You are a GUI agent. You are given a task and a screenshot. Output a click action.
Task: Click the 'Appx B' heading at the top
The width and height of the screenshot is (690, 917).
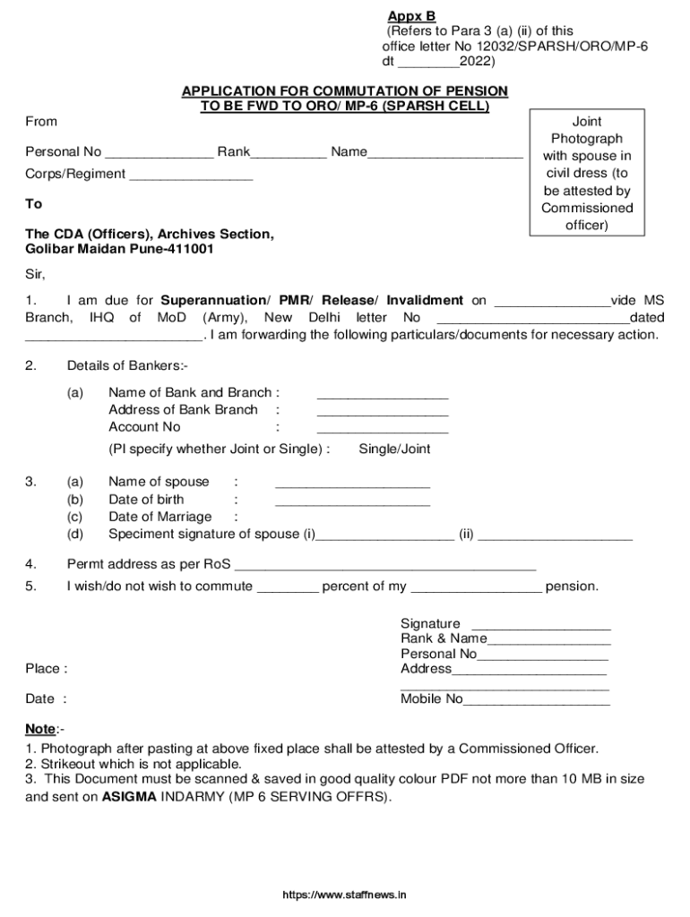click(x=410, y=16)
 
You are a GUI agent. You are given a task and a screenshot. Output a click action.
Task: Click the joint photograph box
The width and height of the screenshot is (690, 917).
click(x=587, y=173)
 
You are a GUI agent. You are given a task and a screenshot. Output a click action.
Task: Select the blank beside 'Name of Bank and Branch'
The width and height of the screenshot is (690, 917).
click(x=383, y=395)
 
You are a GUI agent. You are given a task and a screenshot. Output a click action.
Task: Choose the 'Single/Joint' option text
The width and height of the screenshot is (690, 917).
click(x=394, y=450)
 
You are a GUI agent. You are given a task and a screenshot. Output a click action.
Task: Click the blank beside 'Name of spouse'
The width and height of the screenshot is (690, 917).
click(x=352, y=484)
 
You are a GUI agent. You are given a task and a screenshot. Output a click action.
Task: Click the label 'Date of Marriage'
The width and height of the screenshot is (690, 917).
click(x=160, y=517)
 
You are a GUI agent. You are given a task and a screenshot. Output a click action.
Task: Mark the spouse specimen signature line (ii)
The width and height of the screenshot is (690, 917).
click(x=556, y=537)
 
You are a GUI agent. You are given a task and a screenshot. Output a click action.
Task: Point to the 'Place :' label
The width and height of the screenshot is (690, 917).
click(x=46, y=669)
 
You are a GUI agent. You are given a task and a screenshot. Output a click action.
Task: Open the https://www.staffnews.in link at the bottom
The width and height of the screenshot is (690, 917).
click(x=345, y=895)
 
